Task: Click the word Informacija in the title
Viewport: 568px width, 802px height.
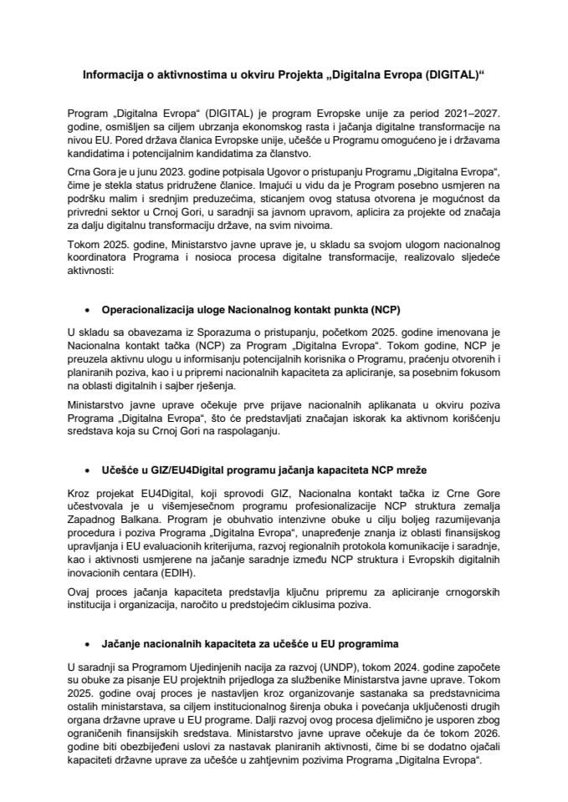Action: (x=112, y=74)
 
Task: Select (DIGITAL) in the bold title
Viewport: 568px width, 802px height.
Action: (x=451, y=74)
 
